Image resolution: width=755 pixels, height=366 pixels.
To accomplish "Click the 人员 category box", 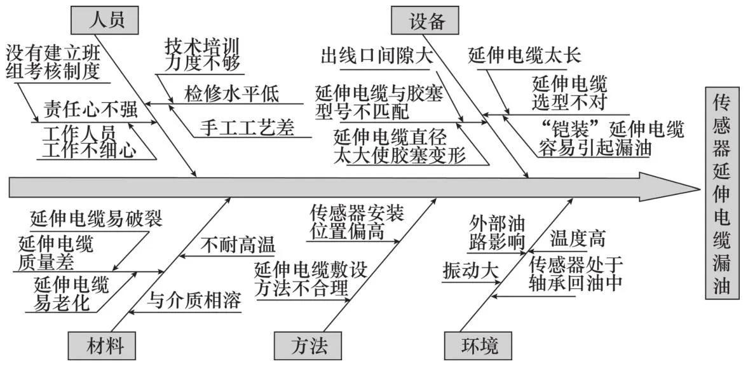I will [105, 20].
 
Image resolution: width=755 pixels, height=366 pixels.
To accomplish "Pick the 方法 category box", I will [309, 346].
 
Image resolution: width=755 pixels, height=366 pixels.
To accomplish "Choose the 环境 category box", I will [480, 346].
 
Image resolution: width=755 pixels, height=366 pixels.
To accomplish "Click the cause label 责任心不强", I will [90, 109].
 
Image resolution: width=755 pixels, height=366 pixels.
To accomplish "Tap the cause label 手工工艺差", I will [247, 128].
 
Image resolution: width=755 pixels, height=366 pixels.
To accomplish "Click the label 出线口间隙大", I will [376, 56].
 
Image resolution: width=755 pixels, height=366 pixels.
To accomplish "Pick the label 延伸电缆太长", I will [524, 55].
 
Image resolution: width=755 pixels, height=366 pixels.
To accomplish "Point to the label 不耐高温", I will [238, 245].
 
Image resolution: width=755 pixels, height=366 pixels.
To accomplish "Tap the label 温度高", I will [578, 239].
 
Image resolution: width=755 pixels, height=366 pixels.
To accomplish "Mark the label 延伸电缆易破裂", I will [96, 219].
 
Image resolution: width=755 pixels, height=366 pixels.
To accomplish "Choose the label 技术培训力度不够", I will [201, 55].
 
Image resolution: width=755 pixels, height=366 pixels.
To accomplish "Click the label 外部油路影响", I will [497, 233].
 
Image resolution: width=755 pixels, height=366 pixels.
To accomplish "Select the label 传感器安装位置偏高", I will [357, 222].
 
